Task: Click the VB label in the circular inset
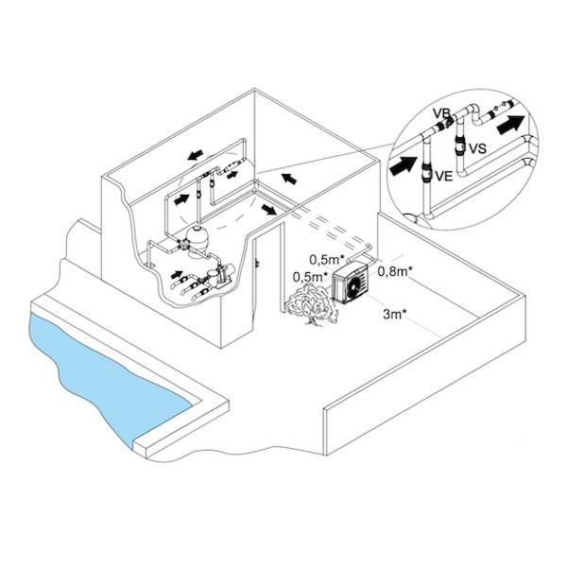pyautogui.click(x=441, y=113)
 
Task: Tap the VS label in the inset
pyautogui.click(x=477, y=148)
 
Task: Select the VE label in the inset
pyautogui.click(x=444, y=176)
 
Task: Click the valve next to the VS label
pyautogui.click(x=459, y=145)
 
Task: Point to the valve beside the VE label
pyautogui.click(x=427, y=171)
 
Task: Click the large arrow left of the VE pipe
pyautogui.click(x=404, y=166)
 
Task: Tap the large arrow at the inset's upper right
pyautogui.click(x=510, y=125)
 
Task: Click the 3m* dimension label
pyautogui.click(x=394, y=315)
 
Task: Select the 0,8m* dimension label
pyautogui.click(x=396, y=271)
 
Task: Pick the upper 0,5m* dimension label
pyautogui.click(x=327, y=259)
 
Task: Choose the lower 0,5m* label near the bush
pyautogui.click(x=311, y=277)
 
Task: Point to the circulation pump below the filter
pyautogui.click(x=219, y=277)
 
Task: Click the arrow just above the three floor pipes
pyautogui.click(x=178, y=275)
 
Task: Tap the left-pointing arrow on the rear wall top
pyautogui.click(x=196, y=155)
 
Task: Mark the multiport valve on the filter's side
pyautogui.click(x=182, y=245)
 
